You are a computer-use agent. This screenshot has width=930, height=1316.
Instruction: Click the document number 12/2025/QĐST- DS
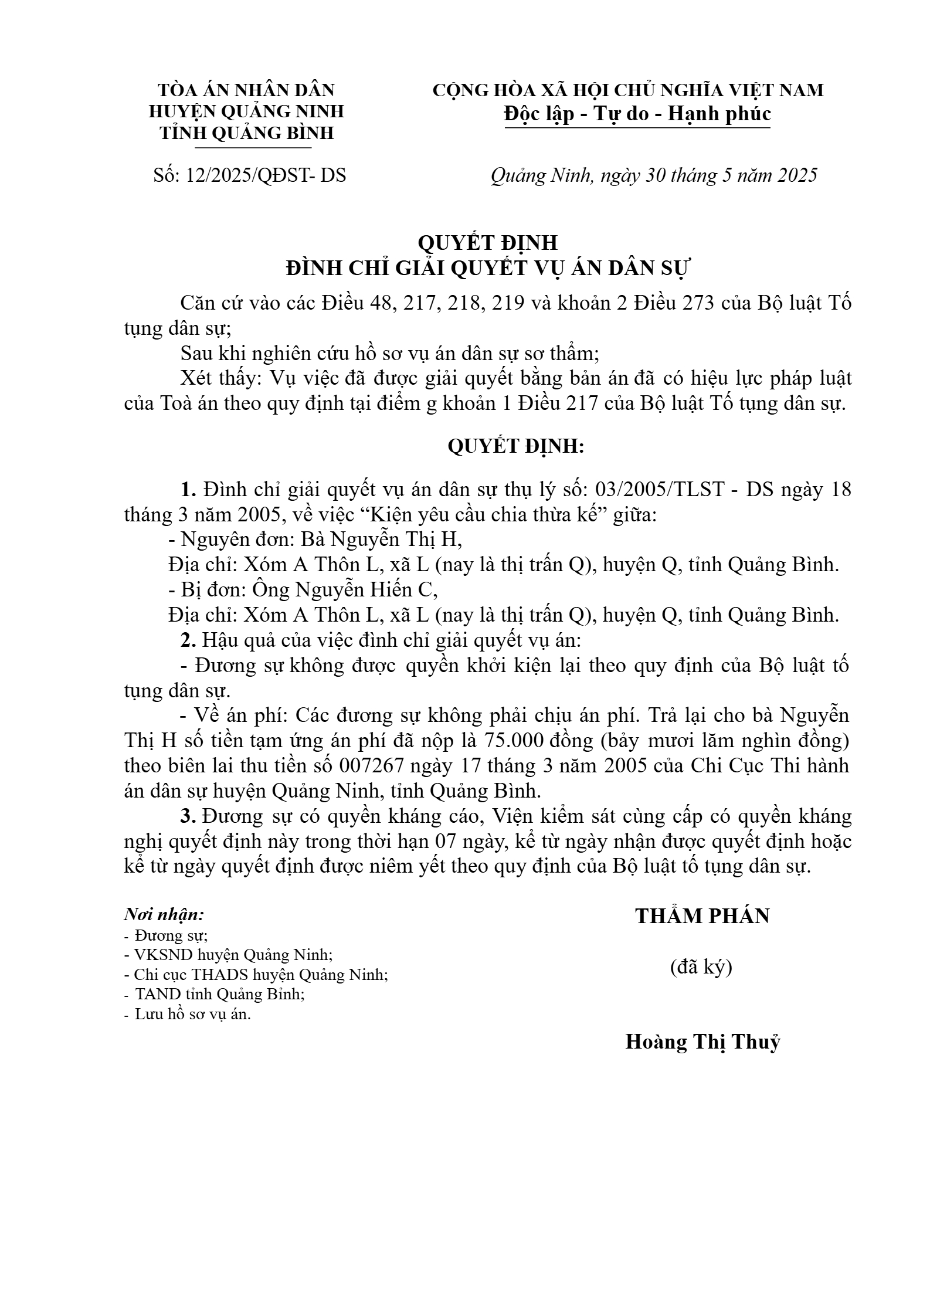pos(266,175)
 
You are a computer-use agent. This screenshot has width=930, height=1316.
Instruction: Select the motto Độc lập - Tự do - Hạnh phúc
pos(637,114)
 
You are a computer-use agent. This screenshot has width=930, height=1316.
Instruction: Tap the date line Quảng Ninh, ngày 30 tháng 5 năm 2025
pos(653,175)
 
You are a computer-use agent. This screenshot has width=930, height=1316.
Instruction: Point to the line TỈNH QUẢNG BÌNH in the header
pos(247,133)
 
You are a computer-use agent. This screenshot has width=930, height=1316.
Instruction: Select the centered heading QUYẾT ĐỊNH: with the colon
pos(516,447)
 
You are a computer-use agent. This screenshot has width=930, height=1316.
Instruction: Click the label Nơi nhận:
pos(164,914)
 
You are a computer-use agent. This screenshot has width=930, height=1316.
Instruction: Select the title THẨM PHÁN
pos(702,916)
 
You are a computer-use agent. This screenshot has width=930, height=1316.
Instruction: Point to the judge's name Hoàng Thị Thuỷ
pos(702,1042)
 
